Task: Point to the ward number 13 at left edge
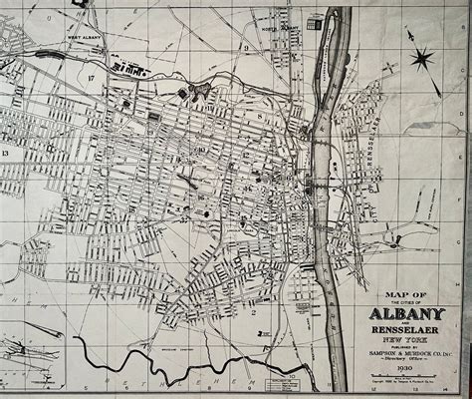click(5, 155)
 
